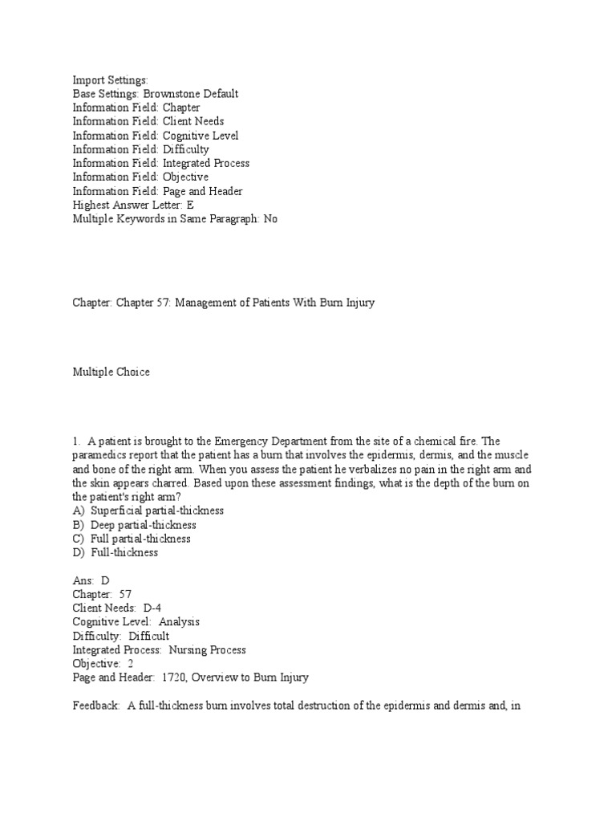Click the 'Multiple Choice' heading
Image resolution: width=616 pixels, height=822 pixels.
pyautogui.click(x=111, y=372)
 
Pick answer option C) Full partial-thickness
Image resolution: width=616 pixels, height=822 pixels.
pyautogui.click(x=132, y=539)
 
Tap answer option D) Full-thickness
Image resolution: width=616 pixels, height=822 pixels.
pyautogui.click(x=115, y=553)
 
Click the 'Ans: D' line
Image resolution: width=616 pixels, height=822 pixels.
pyautogui.click(x=91, y=580)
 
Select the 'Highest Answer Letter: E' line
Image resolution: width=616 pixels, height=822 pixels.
pyautogui.click(x=133, y=205)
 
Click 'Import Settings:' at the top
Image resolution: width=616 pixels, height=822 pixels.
pyautogui.click(x=111, y=80)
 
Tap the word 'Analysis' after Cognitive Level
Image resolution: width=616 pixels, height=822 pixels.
pyautogui.click(x=180, y=622)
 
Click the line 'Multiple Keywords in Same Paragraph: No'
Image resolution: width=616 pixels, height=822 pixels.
pyautogui.click(x=175, y=218)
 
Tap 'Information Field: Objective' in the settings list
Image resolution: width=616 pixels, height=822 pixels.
pyautogui.click(x=140, y=177)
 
